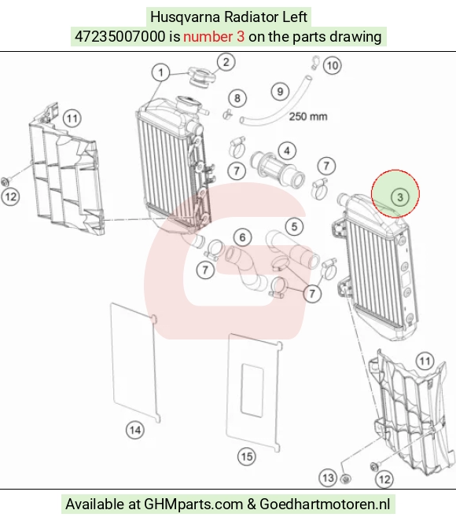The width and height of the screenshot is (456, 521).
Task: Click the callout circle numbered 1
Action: point(161,72)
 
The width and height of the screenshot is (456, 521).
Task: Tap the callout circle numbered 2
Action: point(226,62)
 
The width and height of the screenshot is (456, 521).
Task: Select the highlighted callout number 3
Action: point(400,197)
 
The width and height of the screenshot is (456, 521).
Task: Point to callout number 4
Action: point(287,151)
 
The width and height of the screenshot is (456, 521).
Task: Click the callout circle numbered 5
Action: point(294,227)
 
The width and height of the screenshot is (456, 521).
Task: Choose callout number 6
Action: point(242,237)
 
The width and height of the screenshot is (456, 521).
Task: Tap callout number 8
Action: point(237,98)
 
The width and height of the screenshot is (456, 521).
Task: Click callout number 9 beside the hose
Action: point(280,91)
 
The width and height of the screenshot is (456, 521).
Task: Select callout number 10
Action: point(333,65)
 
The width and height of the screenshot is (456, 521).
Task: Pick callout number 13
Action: point(328,478)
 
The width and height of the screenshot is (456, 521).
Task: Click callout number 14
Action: point(135,430)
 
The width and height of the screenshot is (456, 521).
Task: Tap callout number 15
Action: point(247,457)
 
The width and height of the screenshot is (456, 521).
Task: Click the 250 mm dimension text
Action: point(308,116)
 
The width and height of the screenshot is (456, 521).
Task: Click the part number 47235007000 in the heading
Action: point(120,36)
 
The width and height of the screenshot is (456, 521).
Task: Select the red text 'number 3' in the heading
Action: point(214,36)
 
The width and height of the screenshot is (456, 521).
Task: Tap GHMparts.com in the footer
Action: point(193,504)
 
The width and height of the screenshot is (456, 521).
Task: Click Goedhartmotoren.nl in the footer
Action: point(325,504)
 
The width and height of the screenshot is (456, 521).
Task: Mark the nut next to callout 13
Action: point(346,479)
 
